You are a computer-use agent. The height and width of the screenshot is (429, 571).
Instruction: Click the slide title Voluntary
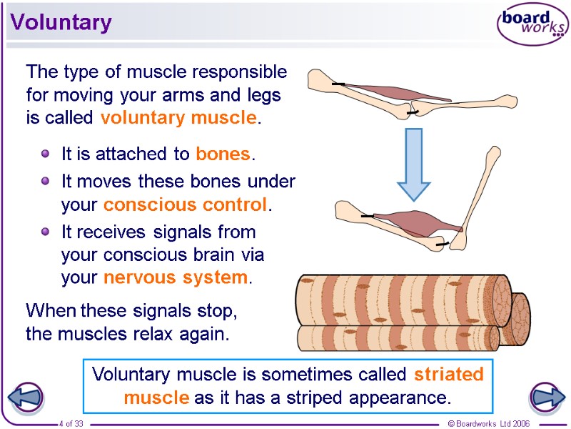(61, 23)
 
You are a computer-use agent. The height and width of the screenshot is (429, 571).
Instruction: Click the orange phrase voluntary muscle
(178, 118)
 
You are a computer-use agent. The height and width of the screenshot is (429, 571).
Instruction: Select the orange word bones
(223, 154)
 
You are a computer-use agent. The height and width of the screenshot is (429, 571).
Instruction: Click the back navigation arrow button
(26, 398)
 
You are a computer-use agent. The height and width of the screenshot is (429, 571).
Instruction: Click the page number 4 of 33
(71, 424)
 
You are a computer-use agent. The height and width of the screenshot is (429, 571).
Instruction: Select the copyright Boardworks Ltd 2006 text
(488, 424)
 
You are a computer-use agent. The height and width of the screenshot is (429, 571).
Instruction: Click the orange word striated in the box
(449, 374)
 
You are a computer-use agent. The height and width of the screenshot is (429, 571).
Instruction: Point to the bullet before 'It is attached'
(46, 153)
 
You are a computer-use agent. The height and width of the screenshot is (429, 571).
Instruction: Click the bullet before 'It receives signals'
(46, 232)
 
